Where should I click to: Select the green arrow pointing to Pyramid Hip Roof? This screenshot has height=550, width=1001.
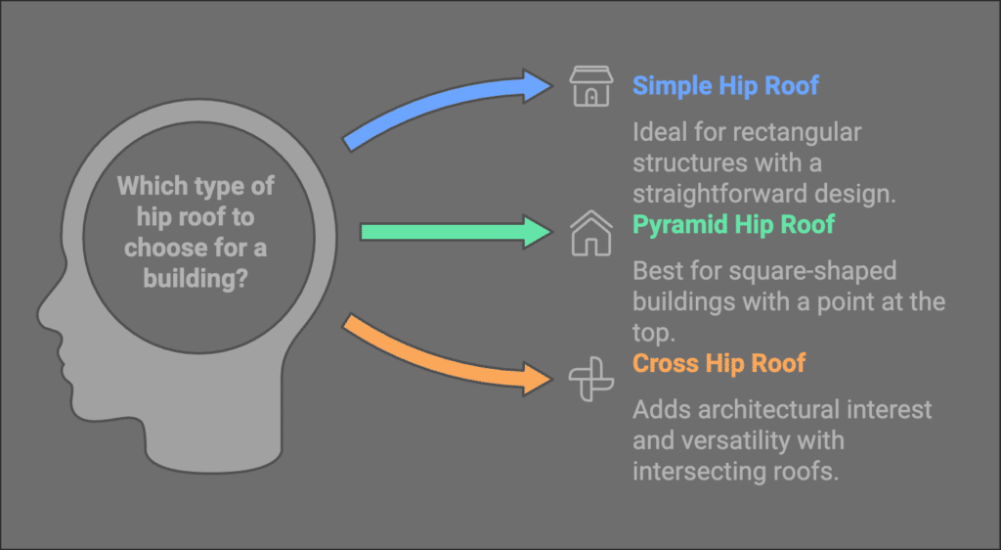pos(457,232)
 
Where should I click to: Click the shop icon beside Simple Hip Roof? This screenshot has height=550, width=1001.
pos(591,86)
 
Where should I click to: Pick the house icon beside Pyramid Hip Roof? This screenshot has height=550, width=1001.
pos(591,233)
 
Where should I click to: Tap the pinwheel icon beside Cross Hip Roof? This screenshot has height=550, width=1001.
pos(591,379)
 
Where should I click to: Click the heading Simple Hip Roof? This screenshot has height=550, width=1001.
pos(725,85)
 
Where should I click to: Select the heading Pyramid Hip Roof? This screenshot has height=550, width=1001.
pos(733,225)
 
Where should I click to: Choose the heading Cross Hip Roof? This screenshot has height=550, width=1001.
pos(718,363)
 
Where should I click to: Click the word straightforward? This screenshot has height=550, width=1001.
pos(724,194)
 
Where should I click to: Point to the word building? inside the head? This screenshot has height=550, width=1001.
pos(196,279)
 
